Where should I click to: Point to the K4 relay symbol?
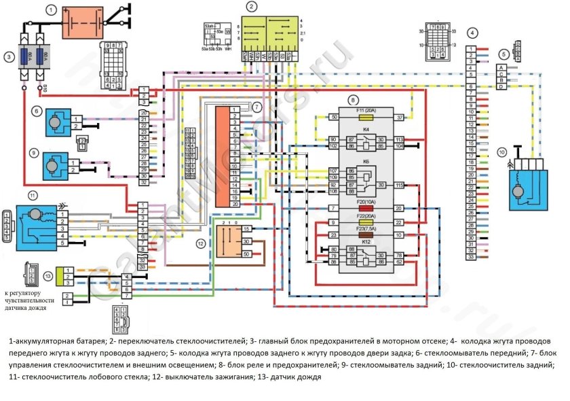(366, 142)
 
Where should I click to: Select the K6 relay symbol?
(366, 179)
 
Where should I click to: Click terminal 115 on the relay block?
(400, 185)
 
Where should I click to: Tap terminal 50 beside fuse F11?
(334, 118)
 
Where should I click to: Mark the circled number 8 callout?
(371, 101)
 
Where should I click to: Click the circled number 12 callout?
(200, 243)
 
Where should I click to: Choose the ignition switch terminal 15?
(246, 229)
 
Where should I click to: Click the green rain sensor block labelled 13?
(60, 275)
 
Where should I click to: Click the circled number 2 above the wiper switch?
(252, 7)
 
